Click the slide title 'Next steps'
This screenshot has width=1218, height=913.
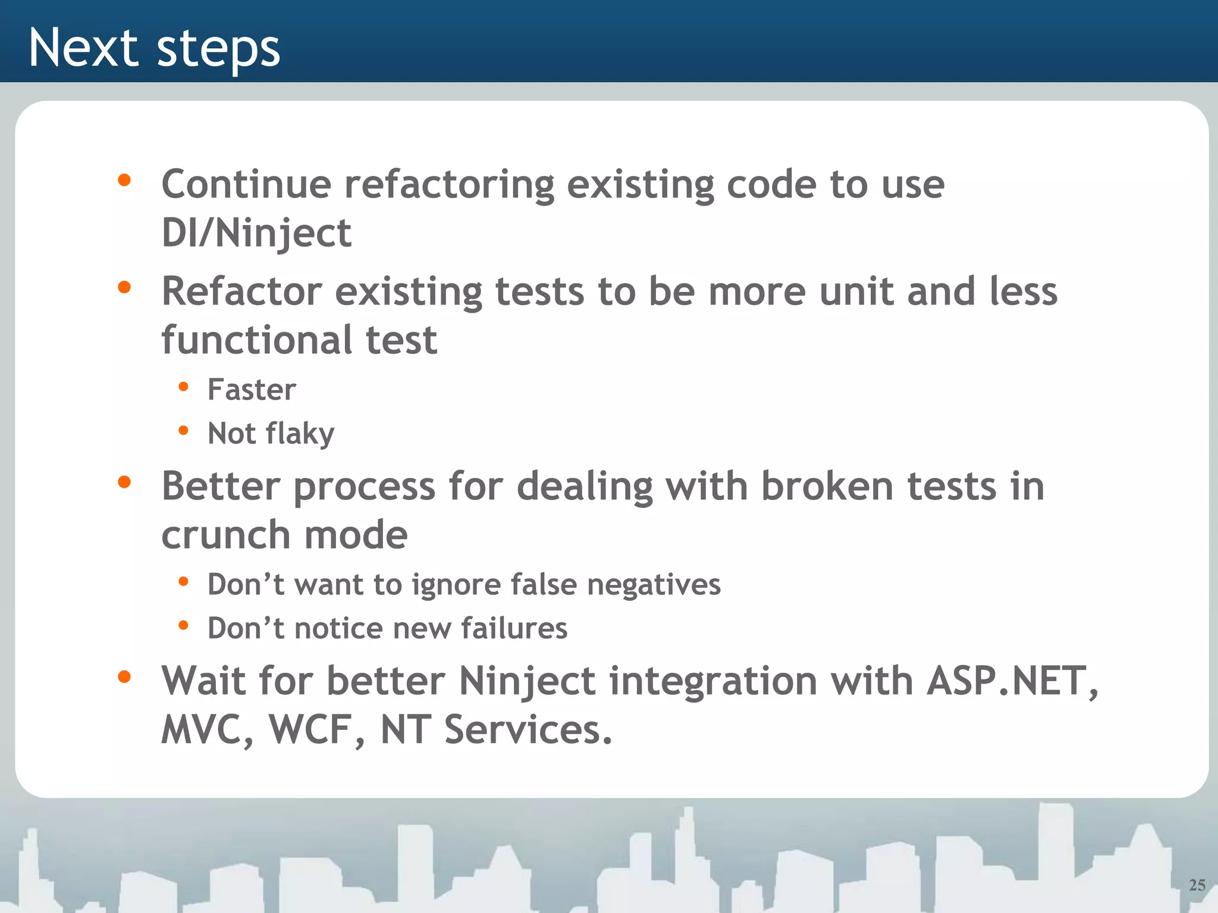click(154, 48)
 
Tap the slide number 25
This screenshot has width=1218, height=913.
click(1197, 885)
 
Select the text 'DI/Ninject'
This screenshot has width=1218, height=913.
click(256, 232)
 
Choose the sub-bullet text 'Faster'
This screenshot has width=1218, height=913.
click(252, 390)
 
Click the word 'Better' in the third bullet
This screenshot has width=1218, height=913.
click(221, 486)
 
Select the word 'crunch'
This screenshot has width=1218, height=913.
click(226, 535)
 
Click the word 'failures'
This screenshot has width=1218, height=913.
click(514, 628)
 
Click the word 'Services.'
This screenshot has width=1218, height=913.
click(528, 729)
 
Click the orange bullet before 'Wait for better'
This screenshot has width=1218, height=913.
click(124, 676)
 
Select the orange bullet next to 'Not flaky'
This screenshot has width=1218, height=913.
click(183, 430)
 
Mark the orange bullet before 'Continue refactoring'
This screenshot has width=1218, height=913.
click(124, 180)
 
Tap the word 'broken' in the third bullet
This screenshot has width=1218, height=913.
click(827, 486)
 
